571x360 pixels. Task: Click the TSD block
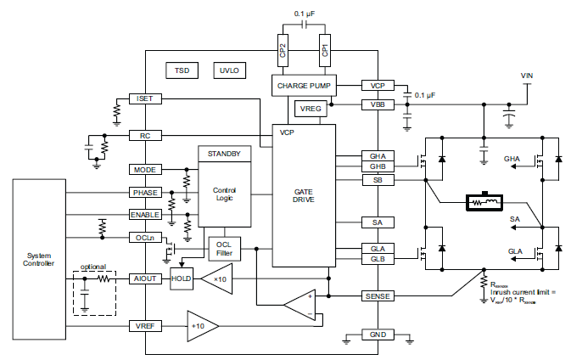[x=182, y=70]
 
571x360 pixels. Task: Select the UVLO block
[x=229, y=70]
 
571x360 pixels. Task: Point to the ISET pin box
[x=144, y=99]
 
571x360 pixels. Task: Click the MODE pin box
[x=144, y=170]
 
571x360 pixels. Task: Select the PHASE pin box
[x=144, y=193]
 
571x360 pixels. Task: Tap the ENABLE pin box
[x=144, y=215]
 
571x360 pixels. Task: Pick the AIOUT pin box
[x=144, y=278]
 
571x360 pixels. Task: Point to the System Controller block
[x=39, y=259]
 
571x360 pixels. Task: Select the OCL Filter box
[x=223, y=249]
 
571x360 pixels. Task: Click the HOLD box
[x=182, y=278]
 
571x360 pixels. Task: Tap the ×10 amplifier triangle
[x=217, y=278]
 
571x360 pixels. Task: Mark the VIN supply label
[x=527, y=76]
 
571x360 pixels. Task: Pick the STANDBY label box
[x=224, y=154]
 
